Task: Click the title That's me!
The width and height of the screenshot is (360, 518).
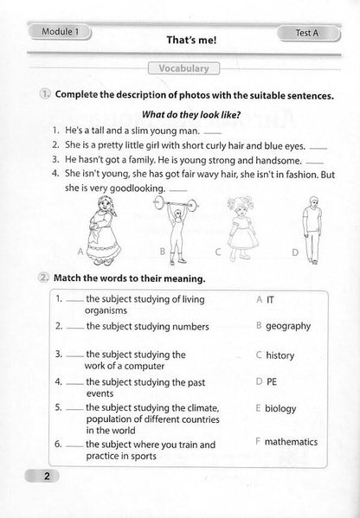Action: pyautogui.click(x=179, y=39)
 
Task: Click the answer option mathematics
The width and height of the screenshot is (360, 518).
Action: pyautogui.click(x=292, y=442)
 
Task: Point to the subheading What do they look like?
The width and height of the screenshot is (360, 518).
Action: pyautogui.click(x=178, y=113)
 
